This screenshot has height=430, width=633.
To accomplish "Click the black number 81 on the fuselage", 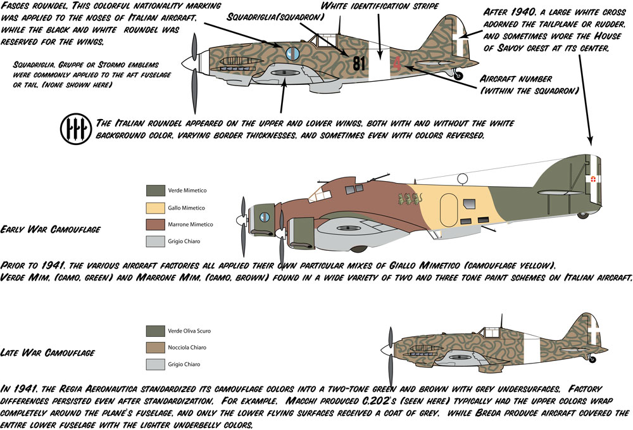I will [360, 63].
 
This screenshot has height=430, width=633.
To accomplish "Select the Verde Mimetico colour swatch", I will [156, 190].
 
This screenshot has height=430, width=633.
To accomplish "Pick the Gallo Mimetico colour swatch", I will [156, 207].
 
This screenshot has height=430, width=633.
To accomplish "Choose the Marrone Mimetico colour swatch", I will [156, 224].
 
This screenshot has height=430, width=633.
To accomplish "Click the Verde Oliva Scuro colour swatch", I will [156, 331].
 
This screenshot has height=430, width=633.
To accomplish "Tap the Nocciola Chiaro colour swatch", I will [156, 347].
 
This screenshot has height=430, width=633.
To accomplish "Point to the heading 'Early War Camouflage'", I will [51, 229].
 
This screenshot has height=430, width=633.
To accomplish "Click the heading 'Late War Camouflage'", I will [48, 352].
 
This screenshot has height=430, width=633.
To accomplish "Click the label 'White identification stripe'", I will [380, 6].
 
